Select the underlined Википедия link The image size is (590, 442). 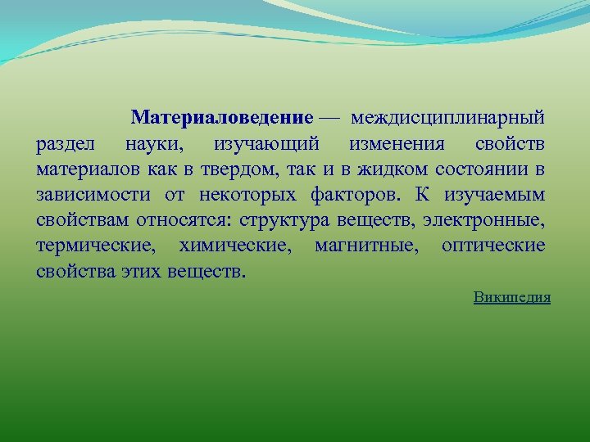pyautogui.click(x=511, y=297)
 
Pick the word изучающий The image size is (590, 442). pyautogui.click(x=266, y=145)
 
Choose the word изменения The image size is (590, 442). pyautogui.click(x=397, y=145)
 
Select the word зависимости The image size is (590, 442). pyautogui.click(x=93, y=196)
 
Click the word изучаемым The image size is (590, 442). pyautogui.click(x=494, y=196)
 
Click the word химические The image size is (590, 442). pyautogui.click(x=240, y=246)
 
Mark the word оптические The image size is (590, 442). pyautogui.click(x=492, y=246)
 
